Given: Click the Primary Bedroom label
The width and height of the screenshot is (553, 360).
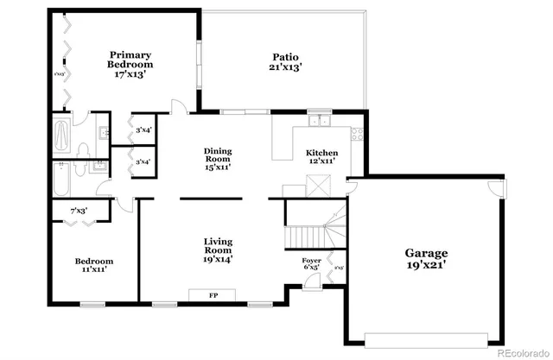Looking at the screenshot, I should (x=130, y=66).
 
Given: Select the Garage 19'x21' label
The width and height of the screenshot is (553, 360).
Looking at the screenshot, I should (x=427, y=258).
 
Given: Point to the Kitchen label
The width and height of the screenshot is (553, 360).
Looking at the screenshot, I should (x=321, y=157).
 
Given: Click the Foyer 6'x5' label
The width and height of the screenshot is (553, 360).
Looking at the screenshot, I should (x=311, y=264).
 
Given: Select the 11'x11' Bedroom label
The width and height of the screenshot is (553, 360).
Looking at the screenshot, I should (x=93, y=265).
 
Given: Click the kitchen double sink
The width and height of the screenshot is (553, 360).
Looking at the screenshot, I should (x=320, y=121).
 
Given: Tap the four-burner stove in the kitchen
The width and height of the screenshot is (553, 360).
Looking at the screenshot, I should (x=357, y=135).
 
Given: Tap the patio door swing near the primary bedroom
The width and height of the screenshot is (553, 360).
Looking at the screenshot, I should (x=178, y=107).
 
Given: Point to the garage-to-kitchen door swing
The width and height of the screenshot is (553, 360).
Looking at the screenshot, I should (x=353, y=184).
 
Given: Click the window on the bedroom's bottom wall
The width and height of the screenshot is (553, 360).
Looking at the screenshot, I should (x=92, y=304).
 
